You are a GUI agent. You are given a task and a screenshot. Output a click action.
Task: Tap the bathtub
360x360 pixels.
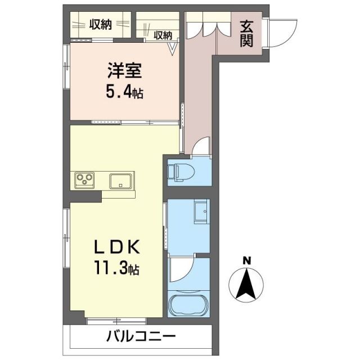(188, 304)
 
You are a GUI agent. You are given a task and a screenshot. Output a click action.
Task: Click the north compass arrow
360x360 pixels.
(246, 284)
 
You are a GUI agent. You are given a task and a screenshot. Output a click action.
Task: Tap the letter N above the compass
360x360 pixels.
(246, 260)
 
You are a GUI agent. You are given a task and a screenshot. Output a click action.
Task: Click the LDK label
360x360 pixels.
(119, 247)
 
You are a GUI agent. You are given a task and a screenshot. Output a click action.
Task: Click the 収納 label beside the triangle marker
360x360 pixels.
(163, 35)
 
